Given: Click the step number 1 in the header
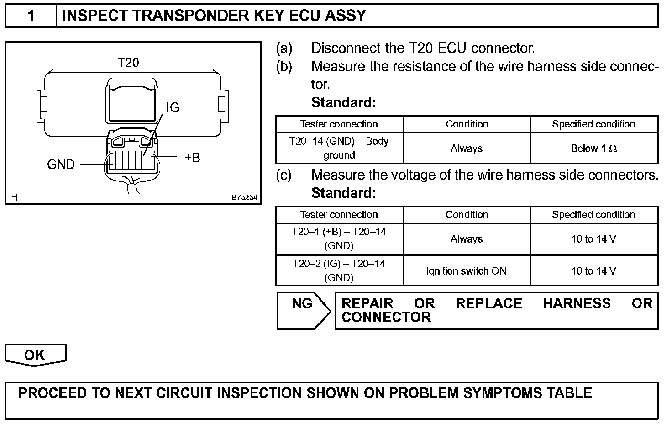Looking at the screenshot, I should pyautogui.click(x=31, y=16).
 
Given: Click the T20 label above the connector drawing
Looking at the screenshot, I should pyautogui.click(x=128, y=63).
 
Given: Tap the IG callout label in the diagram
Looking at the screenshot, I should pyautogui.click(x=173, y=107).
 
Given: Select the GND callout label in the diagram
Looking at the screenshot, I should pyautogui.click(x=61, y=164).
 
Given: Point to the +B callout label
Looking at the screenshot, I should pyautogui.click(x=192, y=158).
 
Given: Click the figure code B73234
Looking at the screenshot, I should pyautogui.click(x=244, y=198).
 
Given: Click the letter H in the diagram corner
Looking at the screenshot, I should pyautogui.click(x=15, y=198).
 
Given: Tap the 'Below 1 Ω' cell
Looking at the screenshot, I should pyautogui.click(x=593, y=148).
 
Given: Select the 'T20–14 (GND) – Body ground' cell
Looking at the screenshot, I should pyautogui.click(x=339, y=148).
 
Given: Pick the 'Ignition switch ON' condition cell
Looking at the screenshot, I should pyautogui.click(x=467, y=271).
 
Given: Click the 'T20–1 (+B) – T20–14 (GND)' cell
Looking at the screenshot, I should pyautogui.click(x=339, y=238).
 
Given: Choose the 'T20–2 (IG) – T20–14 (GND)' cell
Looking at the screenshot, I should pyautogui.click(x=339, y=270).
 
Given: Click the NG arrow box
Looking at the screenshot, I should pyautogui.click(x=303, y=310).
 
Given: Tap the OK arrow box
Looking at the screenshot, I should pyautogui.click(x=35, y=355).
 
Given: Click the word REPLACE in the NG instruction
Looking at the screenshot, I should pyautogui.click(x=488, y=304).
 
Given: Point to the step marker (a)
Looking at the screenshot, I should pyautogui.click(x=284, y=48).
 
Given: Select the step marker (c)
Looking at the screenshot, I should pyautogui.click(x=284, y=175).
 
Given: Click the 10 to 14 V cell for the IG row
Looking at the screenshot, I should pyautogui.click(x=593, y=271).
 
